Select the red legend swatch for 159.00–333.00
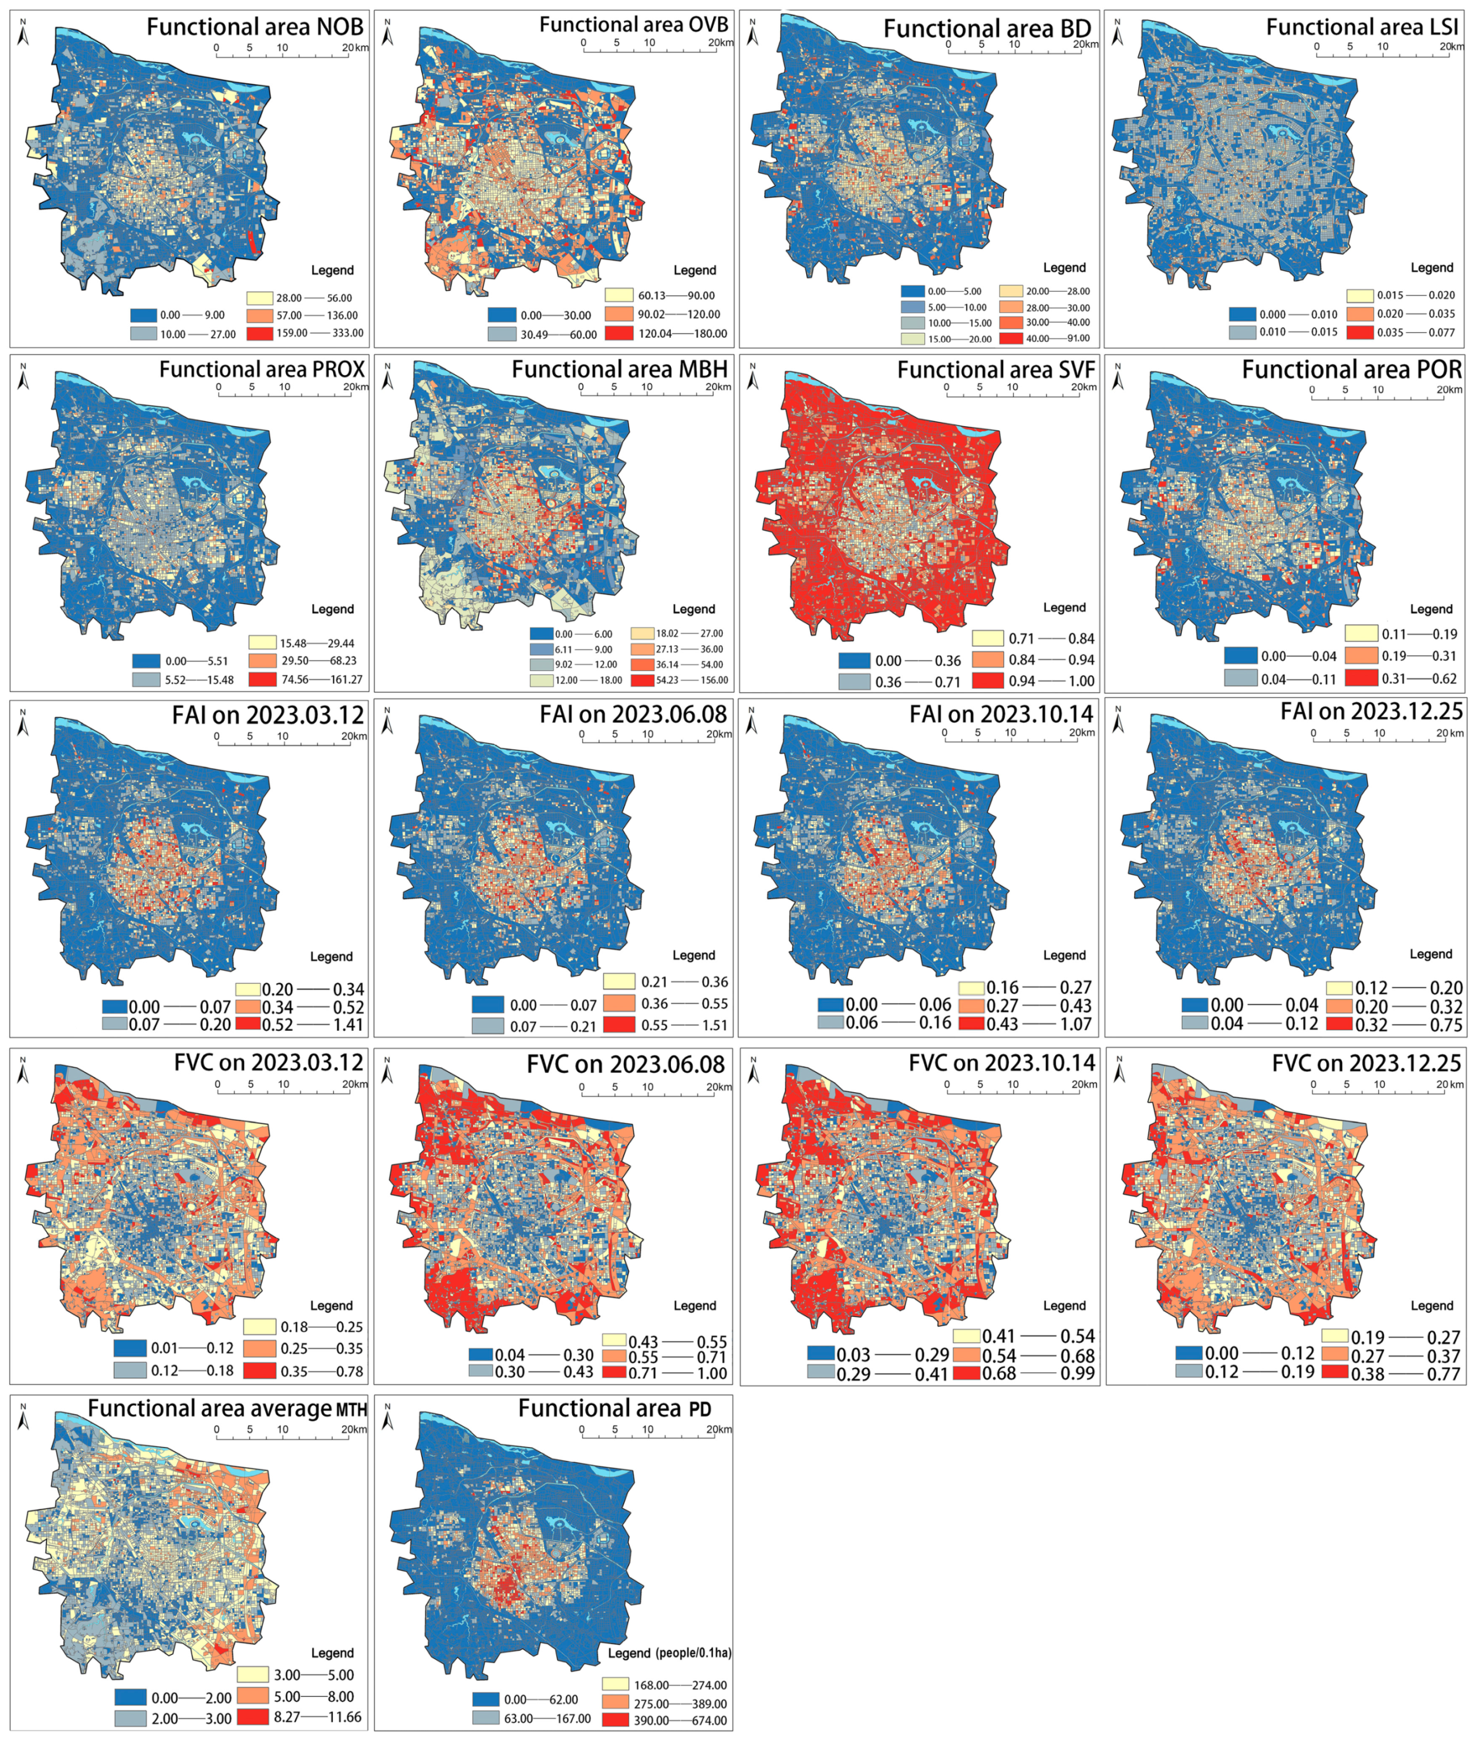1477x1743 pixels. [261, 332]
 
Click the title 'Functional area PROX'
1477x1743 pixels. [262, 369]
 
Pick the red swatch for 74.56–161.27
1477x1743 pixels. [261, 679]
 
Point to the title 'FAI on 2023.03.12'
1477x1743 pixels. [268, 715]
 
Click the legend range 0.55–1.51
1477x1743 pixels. [684, 1025]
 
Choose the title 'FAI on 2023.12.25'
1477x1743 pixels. [1371, 712]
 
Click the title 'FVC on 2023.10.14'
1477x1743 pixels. [1001, 1063]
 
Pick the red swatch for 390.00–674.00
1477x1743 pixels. [616, 1720]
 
